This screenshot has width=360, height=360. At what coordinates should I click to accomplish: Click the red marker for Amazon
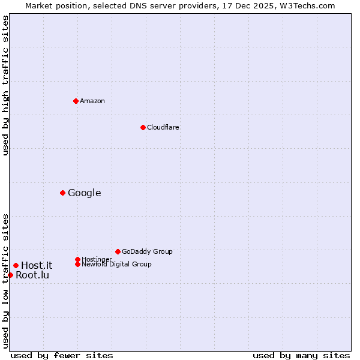[76, 101]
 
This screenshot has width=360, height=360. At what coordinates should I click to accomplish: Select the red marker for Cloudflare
[143, 127]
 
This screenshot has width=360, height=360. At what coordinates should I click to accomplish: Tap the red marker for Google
[62, 193]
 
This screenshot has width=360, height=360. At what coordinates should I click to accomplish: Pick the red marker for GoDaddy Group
[118, 251]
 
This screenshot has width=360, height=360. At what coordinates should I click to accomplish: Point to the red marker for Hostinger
[77, 259]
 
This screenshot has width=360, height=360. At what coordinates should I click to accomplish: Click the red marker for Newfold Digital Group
[77, 264]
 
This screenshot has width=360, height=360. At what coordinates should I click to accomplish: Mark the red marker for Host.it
[16, 265]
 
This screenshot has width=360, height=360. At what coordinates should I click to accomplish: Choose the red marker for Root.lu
[10, 275]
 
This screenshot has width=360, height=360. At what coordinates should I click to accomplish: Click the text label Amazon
[92, 101]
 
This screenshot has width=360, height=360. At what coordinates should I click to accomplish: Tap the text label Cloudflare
[163, 127]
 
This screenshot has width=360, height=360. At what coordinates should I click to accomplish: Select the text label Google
[85, 193]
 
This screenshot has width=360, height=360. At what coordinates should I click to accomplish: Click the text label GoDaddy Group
[147, 251]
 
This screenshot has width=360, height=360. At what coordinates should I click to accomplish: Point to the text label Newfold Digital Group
[117, 264]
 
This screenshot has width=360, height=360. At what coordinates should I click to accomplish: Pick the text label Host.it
[37, 265]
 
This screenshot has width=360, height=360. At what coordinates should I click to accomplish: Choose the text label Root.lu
[32, 275]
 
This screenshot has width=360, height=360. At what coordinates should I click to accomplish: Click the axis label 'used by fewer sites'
[62, 355]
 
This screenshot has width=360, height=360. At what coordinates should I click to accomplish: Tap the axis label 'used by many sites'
[301, 355]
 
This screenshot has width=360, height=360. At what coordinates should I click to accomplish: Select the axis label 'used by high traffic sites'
[5, 85]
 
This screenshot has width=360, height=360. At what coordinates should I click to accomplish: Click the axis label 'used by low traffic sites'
[5, 280]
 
